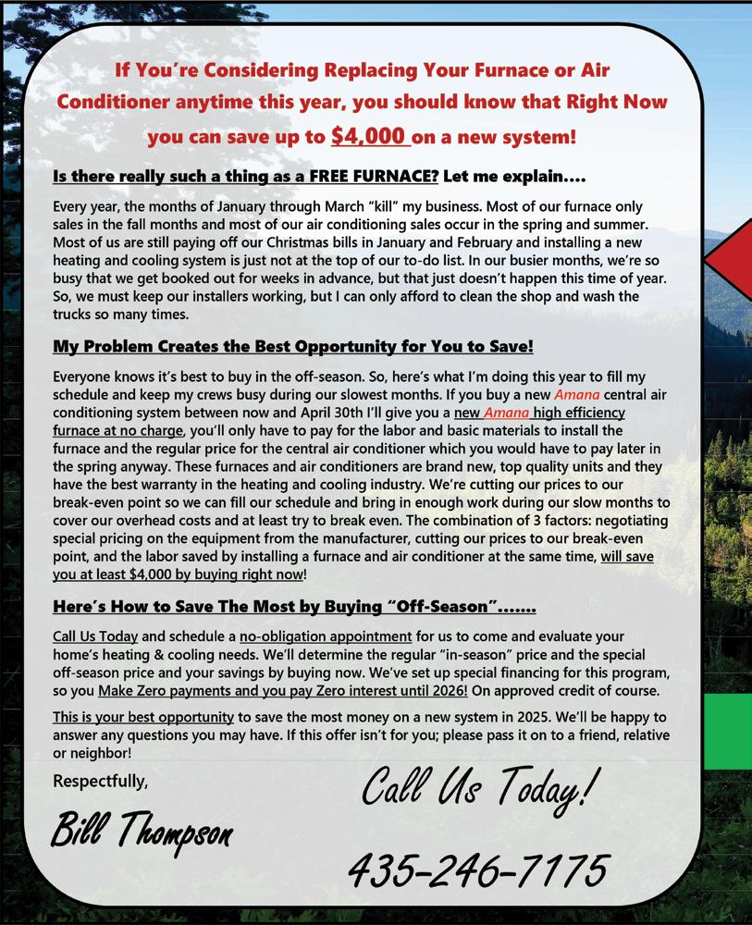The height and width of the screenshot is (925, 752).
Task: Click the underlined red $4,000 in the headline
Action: [370, 136]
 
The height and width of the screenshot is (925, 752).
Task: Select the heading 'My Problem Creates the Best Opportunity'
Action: [292, 347]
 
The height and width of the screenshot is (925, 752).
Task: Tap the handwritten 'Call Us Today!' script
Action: [479, 788]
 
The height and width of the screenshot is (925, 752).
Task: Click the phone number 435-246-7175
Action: [477, 869]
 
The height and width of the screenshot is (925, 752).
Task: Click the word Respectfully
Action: [100, 781]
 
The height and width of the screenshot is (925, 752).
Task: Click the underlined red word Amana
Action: [506, 413]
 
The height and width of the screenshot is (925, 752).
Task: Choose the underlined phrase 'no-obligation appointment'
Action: [326, 636]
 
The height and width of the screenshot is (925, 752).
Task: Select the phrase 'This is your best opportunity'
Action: [143, 717]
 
